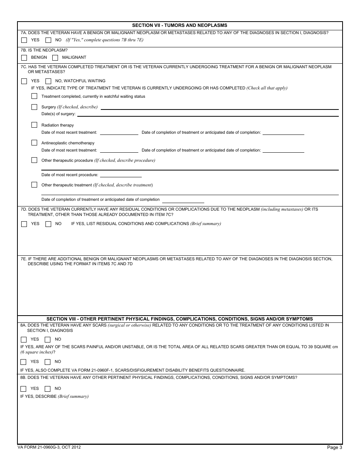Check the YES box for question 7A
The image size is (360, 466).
point(24,40)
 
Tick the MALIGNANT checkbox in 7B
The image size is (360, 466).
point(55,58)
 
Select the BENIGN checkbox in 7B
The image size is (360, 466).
point(24,58)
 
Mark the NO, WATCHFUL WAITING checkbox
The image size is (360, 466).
point(48,81)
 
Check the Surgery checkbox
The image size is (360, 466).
point(34,107)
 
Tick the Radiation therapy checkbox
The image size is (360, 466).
point(34,125)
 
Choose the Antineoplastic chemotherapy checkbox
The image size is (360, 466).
point(34,143)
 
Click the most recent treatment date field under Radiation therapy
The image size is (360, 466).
point(119,133)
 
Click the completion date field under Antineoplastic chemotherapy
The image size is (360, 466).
point(283,150)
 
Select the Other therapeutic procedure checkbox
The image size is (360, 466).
point(34,160)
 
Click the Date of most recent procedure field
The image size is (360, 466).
point(121,175)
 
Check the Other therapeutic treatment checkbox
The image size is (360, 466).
point(34,185)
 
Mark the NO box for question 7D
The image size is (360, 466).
point(48,224)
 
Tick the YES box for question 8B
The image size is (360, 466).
point(23,389)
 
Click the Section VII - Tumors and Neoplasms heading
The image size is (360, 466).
point(180,25)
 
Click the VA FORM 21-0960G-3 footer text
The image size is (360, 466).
point(49,447)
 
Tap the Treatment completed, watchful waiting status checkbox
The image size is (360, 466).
point(34,96)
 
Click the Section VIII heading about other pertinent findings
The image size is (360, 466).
point(180,319)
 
